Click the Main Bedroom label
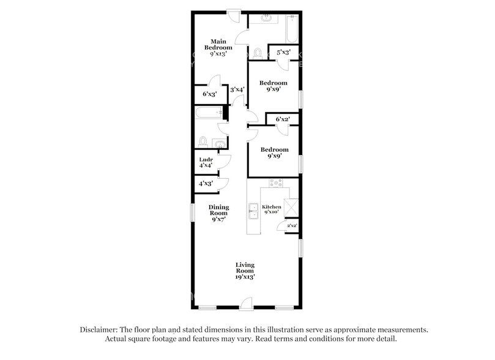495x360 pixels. point(218,47)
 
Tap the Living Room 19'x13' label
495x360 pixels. point(245,270)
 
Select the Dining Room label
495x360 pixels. point(218,212)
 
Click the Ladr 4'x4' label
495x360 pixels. point(205,162)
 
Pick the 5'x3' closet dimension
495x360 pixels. point(283,53)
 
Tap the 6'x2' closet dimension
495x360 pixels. point(282,119)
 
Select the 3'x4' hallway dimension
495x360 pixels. point(237,90)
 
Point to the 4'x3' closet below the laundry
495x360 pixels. point(204,184)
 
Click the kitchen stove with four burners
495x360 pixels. point(276,183)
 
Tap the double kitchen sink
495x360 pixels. point(252,212)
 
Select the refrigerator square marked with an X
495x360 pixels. point(291,208)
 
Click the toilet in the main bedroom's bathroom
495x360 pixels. point(258,54)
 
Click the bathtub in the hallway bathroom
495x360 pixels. point(206,113)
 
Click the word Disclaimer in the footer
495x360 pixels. point(101,329)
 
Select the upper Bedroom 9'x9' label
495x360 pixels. point(273,86)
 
